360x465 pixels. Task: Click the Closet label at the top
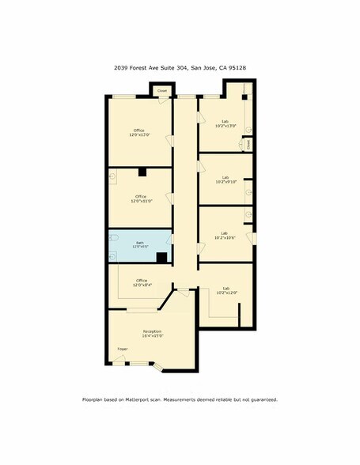pos(162,91)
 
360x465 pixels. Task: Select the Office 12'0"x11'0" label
pos(141,198)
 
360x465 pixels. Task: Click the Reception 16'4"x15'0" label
pos(152,333)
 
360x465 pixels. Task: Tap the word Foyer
pos(123,348)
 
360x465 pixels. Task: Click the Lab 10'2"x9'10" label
pos(225,180)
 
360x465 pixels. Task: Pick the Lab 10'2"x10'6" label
pos(225,235)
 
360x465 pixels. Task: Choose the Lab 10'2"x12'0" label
pos(225,290)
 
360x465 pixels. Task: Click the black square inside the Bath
pos(161,256)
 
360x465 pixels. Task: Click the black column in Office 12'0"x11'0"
pos(142,172)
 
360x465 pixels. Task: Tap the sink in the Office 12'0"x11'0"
pos(115,180)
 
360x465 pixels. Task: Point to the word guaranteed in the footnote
pos(262,399)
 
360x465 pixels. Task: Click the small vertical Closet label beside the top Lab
pos(248,145)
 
